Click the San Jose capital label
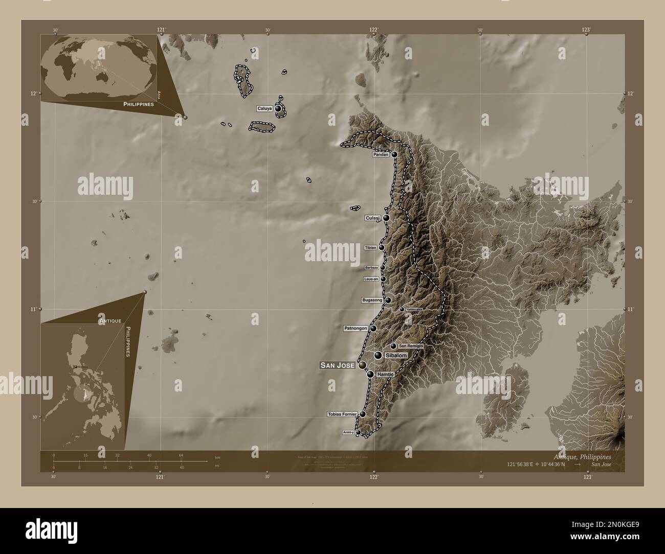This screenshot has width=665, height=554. (x=337, y=365)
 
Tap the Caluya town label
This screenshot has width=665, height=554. (x=264, y=109)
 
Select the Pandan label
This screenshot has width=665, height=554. (x=381, y=154)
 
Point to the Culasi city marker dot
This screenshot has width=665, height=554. (x=386, y=218)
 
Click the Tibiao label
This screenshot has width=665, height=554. (x=371, y=248)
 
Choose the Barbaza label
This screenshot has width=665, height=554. (x=371, y=268)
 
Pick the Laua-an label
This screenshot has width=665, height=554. (x=371, y=279)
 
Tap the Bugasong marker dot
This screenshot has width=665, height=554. (x=389, y=300)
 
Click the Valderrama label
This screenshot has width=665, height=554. (x=414, y=309)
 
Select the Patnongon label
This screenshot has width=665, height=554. (x=356, y=328)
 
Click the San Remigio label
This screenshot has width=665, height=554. (x=411, y=346)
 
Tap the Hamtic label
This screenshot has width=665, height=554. (x=387, y=375)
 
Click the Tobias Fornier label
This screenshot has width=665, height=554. (x=341, y=414)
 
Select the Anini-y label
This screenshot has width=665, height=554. (x=348, y=432)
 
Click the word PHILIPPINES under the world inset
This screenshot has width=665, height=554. (x=139, y=104)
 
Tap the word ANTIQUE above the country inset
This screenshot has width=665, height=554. (x=110, y=320)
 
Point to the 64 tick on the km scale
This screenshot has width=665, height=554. (x=181, y=455)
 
